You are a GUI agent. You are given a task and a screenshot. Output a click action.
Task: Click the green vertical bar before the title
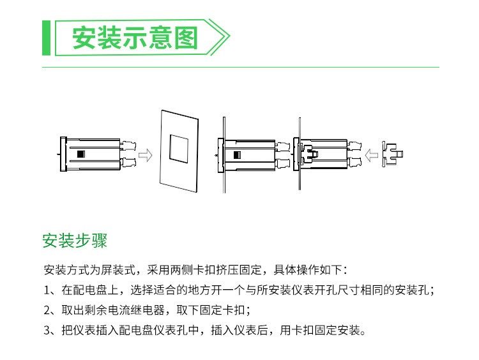(45, 38)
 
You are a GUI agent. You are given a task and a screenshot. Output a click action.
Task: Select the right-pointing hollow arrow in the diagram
(146, 155)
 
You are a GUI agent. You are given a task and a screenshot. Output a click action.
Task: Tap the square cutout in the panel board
(179, 147)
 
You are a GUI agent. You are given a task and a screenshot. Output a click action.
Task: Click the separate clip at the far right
(393, 153)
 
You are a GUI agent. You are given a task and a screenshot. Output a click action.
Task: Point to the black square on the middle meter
(237, 154)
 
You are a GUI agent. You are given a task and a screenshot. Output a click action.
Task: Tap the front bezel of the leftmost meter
(62, 154)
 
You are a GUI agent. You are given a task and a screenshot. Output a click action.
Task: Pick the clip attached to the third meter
(308, 153)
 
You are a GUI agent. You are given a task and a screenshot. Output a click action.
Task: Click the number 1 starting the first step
(47, 290)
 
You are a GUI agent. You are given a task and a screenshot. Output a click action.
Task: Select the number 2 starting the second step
(47, 311)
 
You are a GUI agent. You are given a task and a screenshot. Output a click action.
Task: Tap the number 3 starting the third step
(47, 331)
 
